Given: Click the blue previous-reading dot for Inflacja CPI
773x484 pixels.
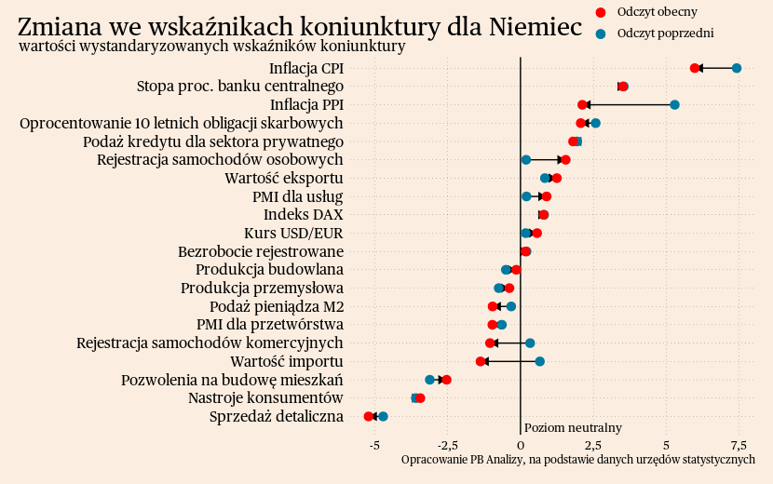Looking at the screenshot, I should coord(737,68).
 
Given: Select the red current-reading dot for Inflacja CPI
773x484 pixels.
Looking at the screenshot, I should coord(695,68).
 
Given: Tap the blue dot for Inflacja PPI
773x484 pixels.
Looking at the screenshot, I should coord(674,104).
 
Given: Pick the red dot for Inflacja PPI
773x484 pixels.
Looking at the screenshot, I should coord(582,104).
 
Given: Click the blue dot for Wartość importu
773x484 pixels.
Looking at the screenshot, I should coord(539,361).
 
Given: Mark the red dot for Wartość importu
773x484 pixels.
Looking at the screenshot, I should coord(481,361).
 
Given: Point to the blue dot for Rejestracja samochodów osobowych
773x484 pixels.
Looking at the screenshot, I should coord(526,160).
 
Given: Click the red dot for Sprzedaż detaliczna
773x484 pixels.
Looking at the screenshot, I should coord(369,416).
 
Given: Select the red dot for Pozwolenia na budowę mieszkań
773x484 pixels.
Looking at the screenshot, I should coord(447,380).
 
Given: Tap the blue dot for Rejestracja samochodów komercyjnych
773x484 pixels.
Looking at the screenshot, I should coord(530,343).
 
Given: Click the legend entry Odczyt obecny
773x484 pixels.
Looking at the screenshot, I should coord(657,11).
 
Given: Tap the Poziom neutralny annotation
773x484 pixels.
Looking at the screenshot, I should coord(573,427).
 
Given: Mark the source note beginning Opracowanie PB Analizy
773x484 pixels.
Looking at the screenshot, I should coord(577,460).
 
